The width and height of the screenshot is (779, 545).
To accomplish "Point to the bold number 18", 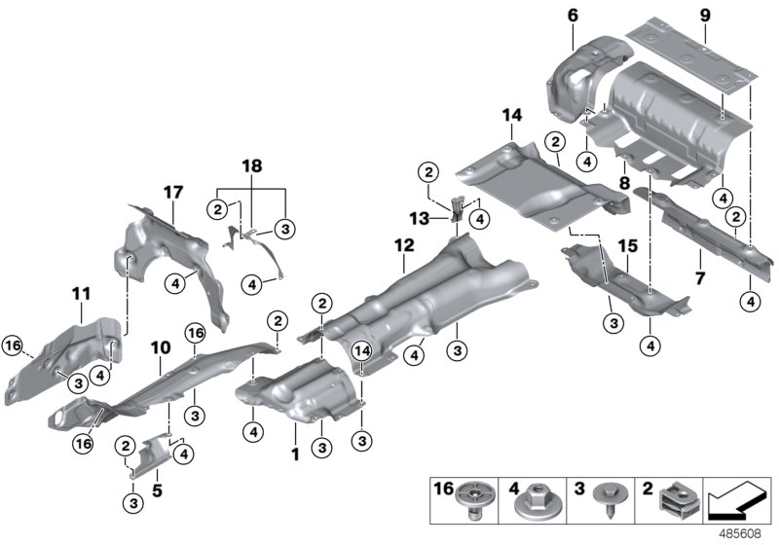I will click(x=251, y=167).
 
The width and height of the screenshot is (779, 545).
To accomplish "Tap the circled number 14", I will click(x=362, y=350).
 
